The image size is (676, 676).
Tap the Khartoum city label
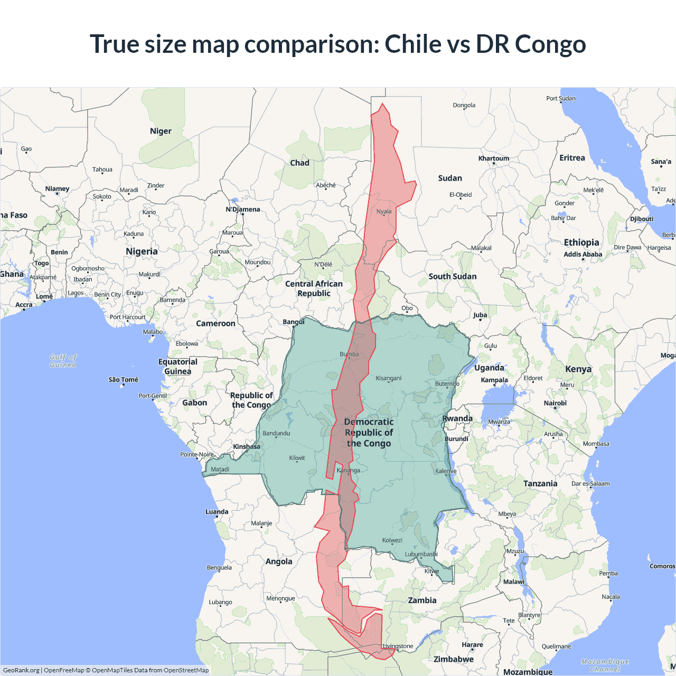click(x=494, y=158)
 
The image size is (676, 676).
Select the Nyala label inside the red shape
click(x=384, y=212)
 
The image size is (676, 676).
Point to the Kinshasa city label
click(x=247, y=447)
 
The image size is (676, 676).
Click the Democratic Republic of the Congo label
click(x=369, y=433)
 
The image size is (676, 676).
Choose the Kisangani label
click(x=389, y=378)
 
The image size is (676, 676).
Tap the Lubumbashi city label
click(x=421, y=554)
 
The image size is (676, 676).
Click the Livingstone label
click(x=398, y=646)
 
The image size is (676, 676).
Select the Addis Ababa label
click(x=583, y=254)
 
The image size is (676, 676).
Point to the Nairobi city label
click(x=555, y=403)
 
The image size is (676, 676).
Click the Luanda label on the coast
click(x=217, y=512)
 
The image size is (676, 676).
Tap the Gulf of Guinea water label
click(x=63, y=361)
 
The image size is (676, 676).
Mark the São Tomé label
click(x=123, y=380)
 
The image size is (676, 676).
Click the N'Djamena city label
click(x=243, y=209)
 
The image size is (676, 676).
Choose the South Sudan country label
click(x=453, y=276)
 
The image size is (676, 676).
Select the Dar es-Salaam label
click(x=590, y=484)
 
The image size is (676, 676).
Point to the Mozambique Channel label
click(x=605, y=665)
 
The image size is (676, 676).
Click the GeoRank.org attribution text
click(x=21, y=670)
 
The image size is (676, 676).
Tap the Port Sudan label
click(x=561, y=98)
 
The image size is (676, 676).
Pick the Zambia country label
click(x=422, y=600)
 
